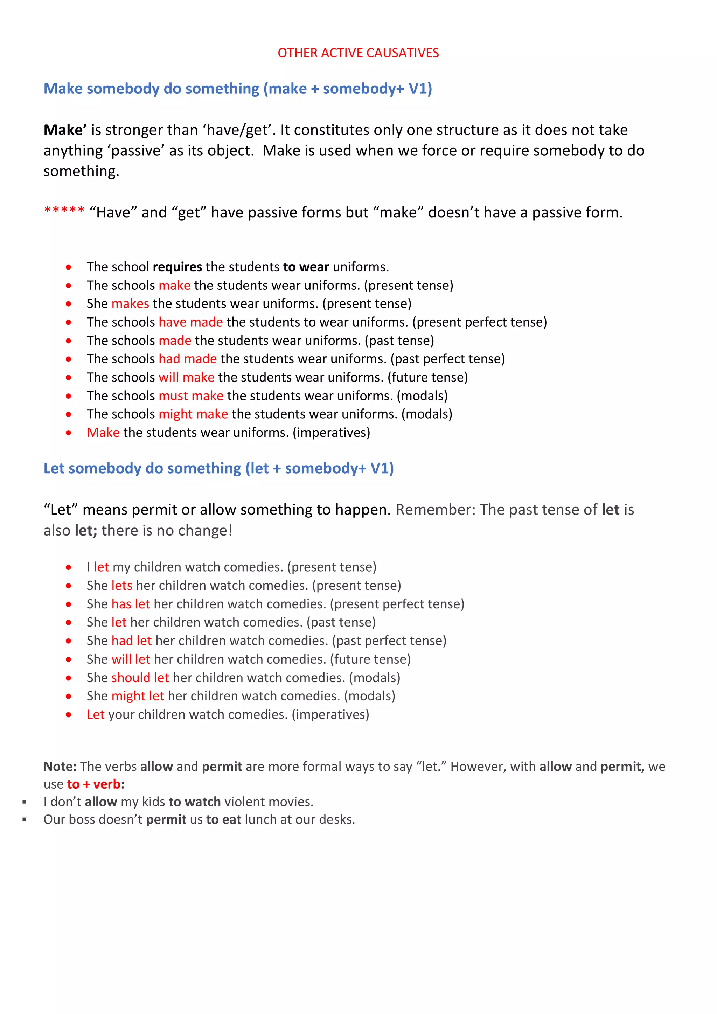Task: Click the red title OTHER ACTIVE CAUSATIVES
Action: tap(358, 53)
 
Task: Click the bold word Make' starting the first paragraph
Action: tap(65, 130)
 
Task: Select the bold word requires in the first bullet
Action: tap(177, 267)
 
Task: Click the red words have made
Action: tap(190, 322)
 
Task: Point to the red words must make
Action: tap(191, 396)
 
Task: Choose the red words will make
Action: tap(187, 377)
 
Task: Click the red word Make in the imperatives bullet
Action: tap(103, 432)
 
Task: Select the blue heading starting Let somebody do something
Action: tap(218, 468)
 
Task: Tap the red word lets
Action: tap(122, 586)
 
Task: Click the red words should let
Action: tap(140, 678)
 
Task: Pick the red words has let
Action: tap(131, 604)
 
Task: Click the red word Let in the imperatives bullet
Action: tap(96, 715)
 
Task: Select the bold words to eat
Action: tap(224, 820)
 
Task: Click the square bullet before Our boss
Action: tap(25, 820)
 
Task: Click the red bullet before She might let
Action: tap(69, 697)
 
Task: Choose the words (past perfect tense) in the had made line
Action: tap(447, 359)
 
